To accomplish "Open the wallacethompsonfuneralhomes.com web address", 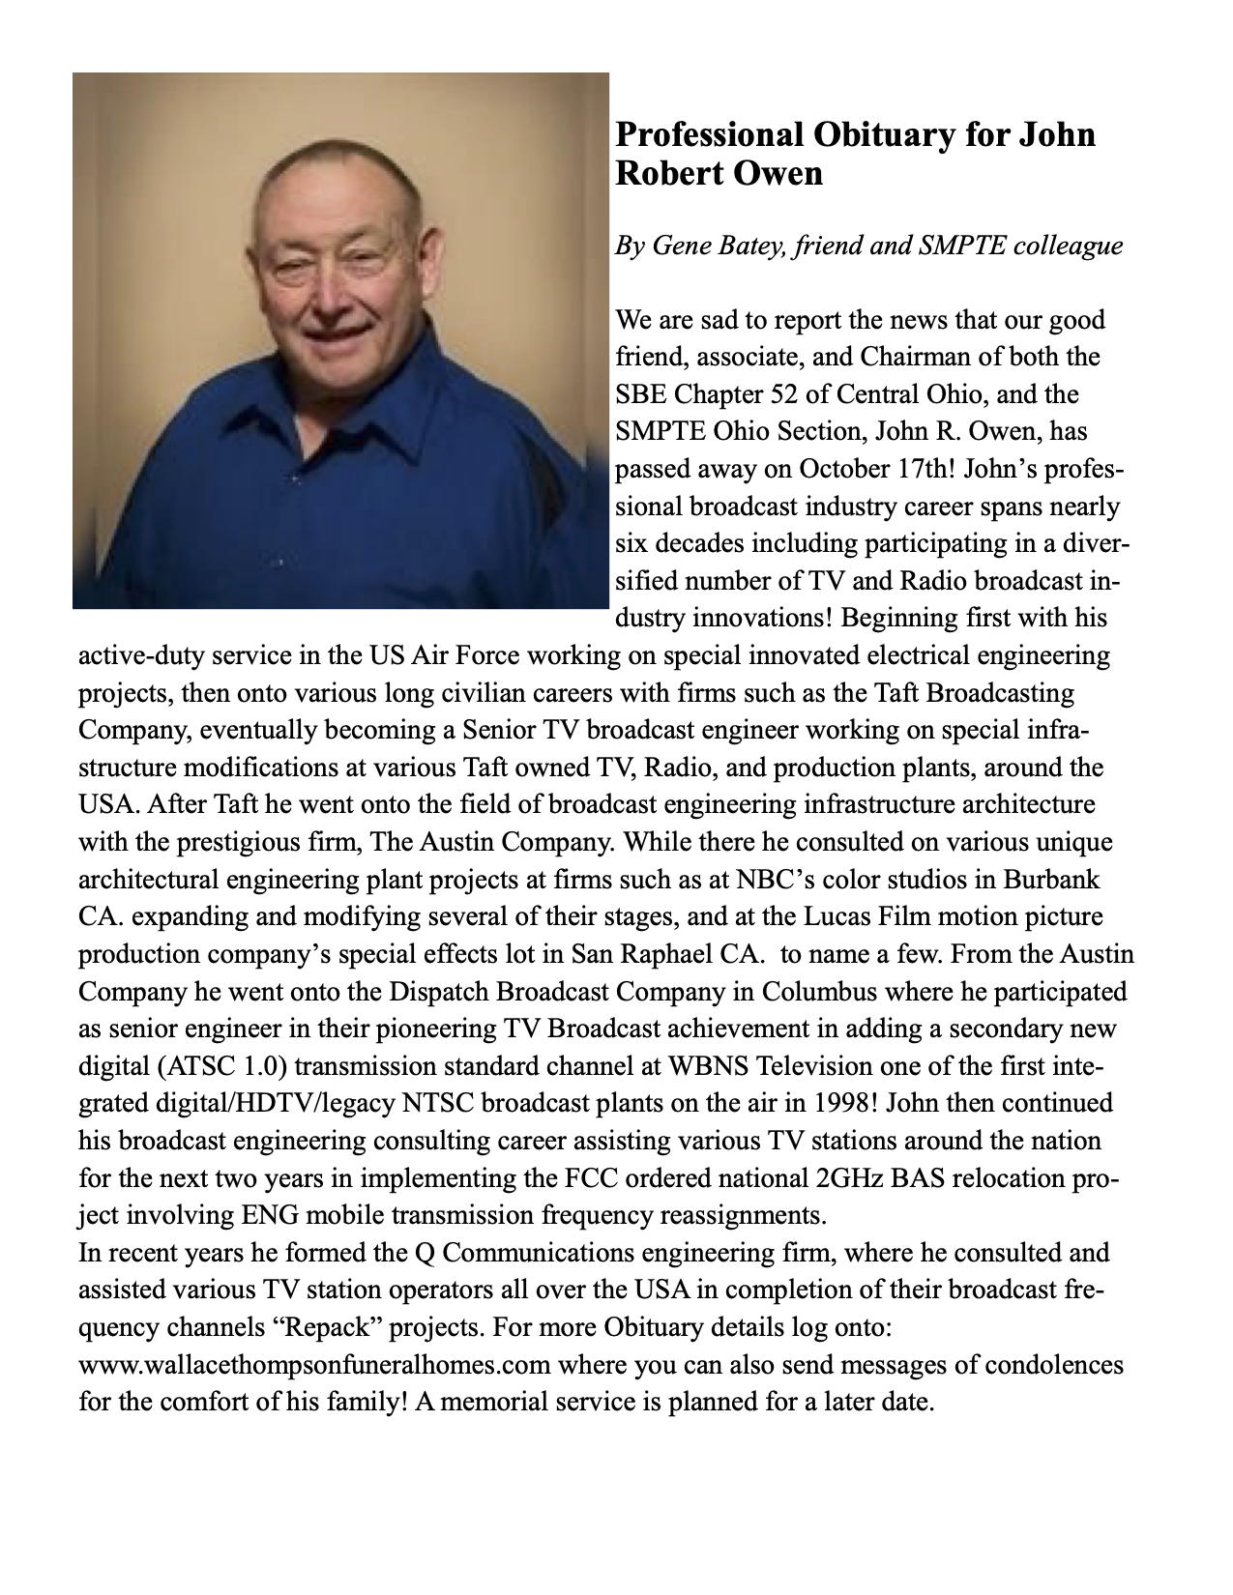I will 314,1365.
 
